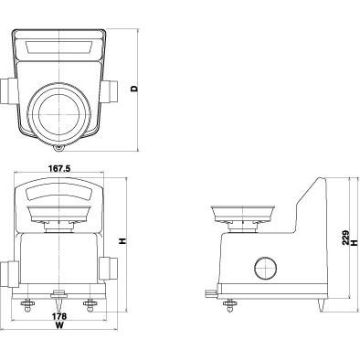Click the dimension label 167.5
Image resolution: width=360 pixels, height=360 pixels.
59,168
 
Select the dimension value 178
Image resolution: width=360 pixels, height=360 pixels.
59,316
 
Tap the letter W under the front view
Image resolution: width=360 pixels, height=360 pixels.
59,325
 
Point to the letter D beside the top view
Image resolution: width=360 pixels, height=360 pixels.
134,89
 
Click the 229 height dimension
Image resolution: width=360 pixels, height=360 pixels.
345,238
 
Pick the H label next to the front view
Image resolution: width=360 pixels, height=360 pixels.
122,241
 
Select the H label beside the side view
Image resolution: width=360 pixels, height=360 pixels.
354,242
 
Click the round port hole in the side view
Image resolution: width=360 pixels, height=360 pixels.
266,268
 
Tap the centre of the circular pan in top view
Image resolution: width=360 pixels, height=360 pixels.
58,114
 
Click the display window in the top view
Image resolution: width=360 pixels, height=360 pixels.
59,48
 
